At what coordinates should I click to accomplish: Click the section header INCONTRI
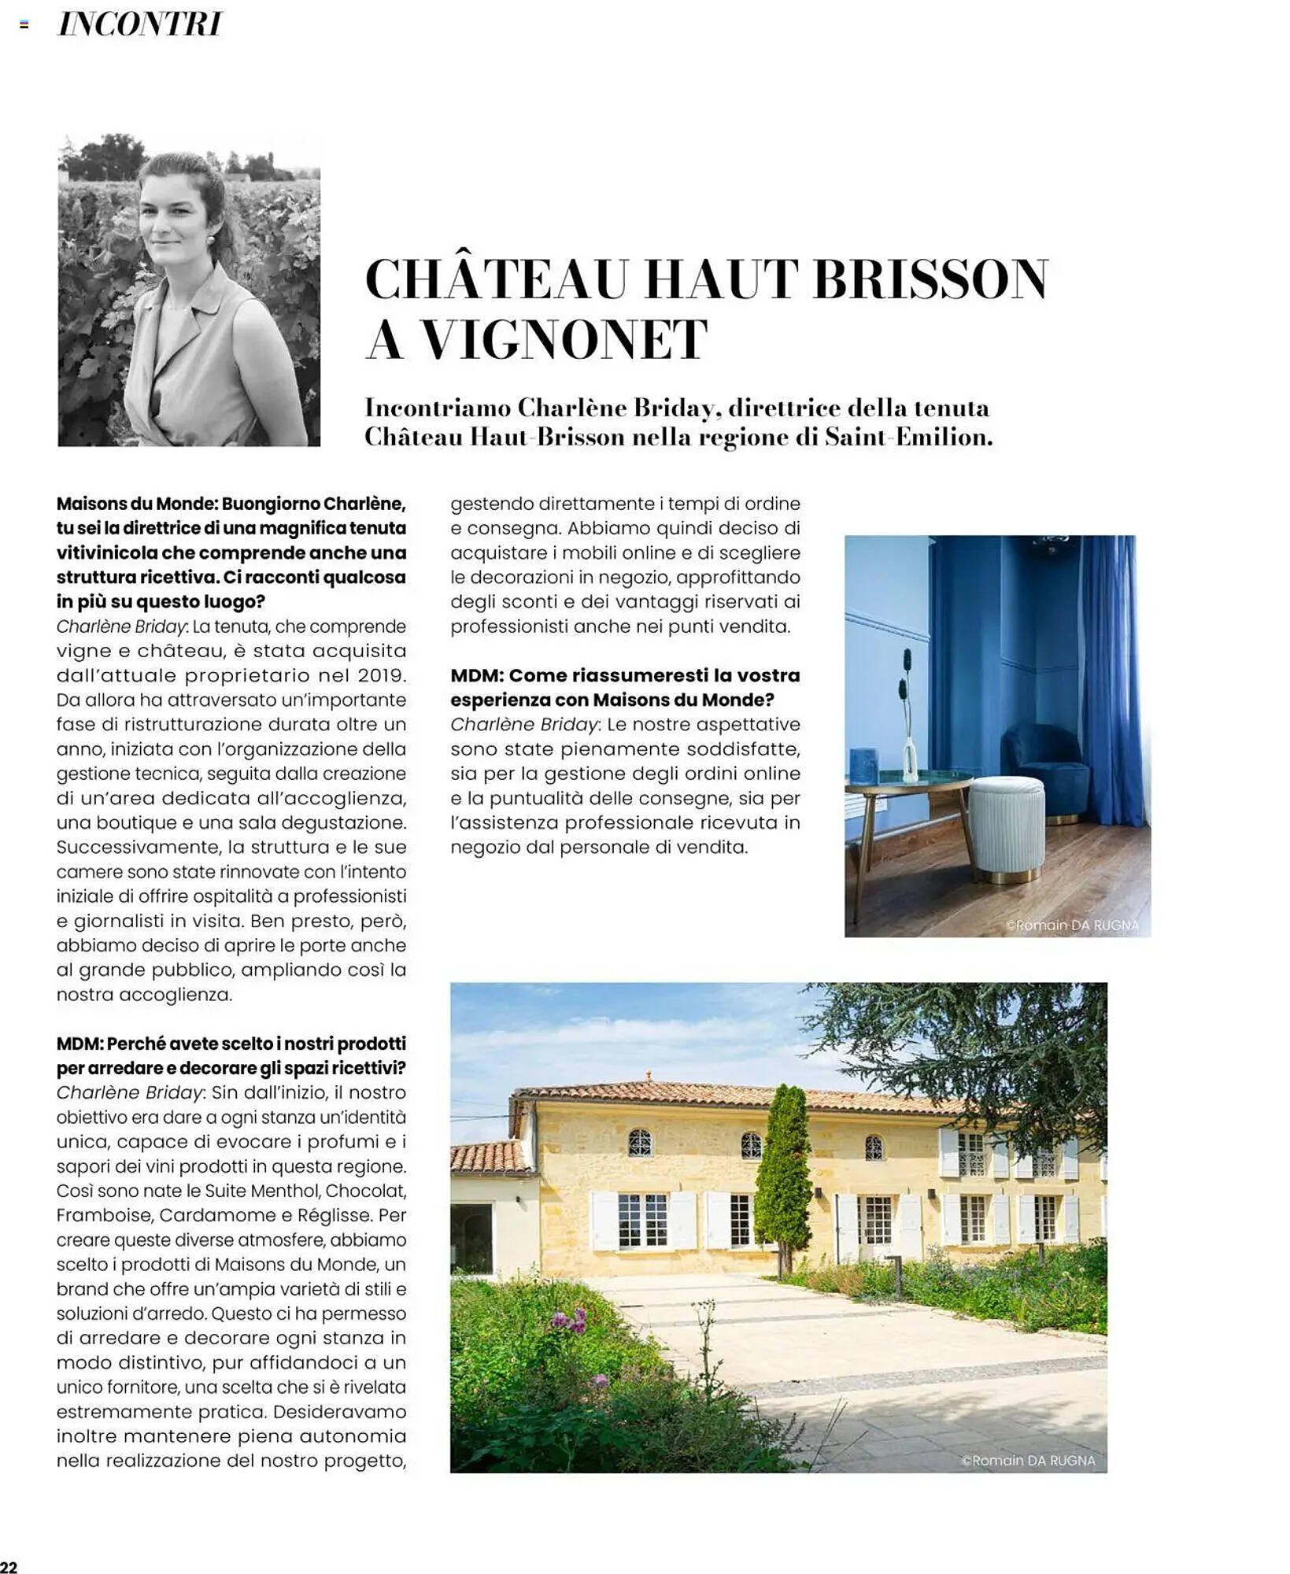[x=140, y=24]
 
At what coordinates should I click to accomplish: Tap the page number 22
[x=9, y=1566]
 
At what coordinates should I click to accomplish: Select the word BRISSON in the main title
[x=930, y=279]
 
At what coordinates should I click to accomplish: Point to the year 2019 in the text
[x=381, y=675]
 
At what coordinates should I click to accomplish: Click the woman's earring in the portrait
[x=211, y=238]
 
